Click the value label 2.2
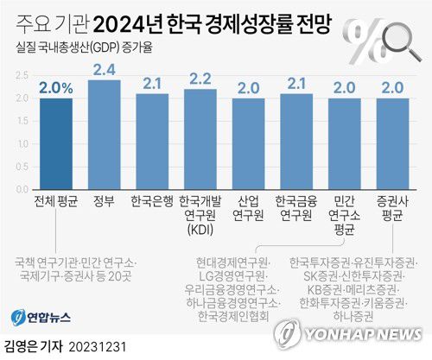pyautogui.click(x=200, y=79)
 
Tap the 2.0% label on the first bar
pyautogui.click(x=56, y=87)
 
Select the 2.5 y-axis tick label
pyautogui.click(x=20, y=74)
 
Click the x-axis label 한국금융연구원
pyautogui.click(x=297, y=207)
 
